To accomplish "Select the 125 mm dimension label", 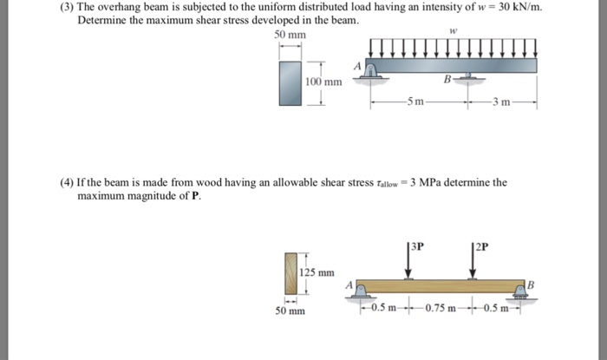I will click(x=317, y=272).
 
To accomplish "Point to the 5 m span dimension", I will click(x=416, y=103).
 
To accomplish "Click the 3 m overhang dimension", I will click(x=502, y=103).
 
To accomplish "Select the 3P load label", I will click(x=417, y=245).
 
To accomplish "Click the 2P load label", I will click(x=480, y=245).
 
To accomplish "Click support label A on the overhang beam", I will click(x=356, y=65).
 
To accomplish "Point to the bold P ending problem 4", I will click(x=195, y=197).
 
